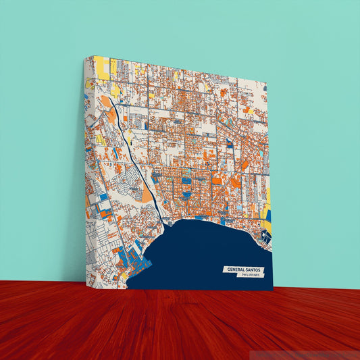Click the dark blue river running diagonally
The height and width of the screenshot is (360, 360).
pyautogui.click(x=138, y=162)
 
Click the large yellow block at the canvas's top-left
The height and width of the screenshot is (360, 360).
pyautogui.click(x=102, y=66)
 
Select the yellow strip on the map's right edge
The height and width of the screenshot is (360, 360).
pyautogui.click(x=267, y=203)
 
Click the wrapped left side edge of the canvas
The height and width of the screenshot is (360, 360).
pyautogui.click(x=88, y=169)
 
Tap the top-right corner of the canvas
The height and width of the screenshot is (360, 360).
pyautogui.click(x=267, y=86)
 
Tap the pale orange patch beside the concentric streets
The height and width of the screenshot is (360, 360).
pyautogui.click(x=147, y=195)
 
